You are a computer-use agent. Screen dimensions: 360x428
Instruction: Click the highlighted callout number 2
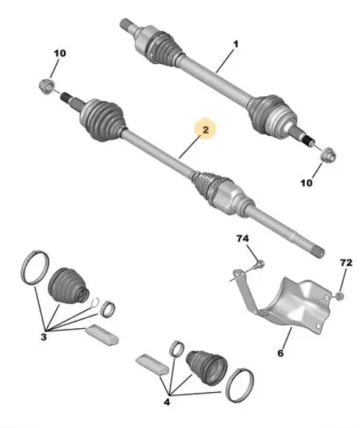tap(206, 130)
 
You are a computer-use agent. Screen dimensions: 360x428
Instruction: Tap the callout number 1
tap(235, 43)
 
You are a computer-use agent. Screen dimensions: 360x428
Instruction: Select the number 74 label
tap(243, 239)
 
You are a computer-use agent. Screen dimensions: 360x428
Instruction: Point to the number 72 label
tap(346, 263)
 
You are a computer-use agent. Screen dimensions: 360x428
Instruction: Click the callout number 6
tap(281, 353)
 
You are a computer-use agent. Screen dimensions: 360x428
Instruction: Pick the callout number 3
tap(43, 337)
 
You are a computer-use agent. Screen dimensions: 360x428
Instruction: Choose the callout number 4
tap(167, 402)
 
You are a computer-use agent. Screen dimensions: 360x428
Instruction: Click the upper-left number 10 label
tap(60, 53)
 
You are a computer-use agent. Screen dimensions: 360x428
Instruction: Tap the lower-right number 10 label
tap(306, 183)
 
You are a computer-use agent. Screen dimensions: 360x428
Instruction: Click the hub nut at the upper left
tap(46, 85)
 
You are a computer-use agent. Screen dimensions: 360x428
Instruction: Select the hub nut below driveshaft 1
tap(328, 155)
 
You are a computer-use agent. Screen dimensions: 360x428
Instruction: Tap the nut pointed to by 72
tap(339, 296)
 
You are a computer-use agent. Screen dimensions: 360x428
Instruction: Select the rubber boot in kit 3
tap(68, 286)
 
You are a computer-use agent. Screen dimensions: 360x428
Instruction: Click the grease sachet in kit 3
tap(102, 335)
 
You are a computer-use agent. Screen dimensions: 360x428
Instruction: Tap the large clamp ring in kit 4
tap(240, 385)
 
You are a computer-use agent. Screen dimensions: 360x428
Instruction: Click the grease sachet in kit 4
tap(153, 366)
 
